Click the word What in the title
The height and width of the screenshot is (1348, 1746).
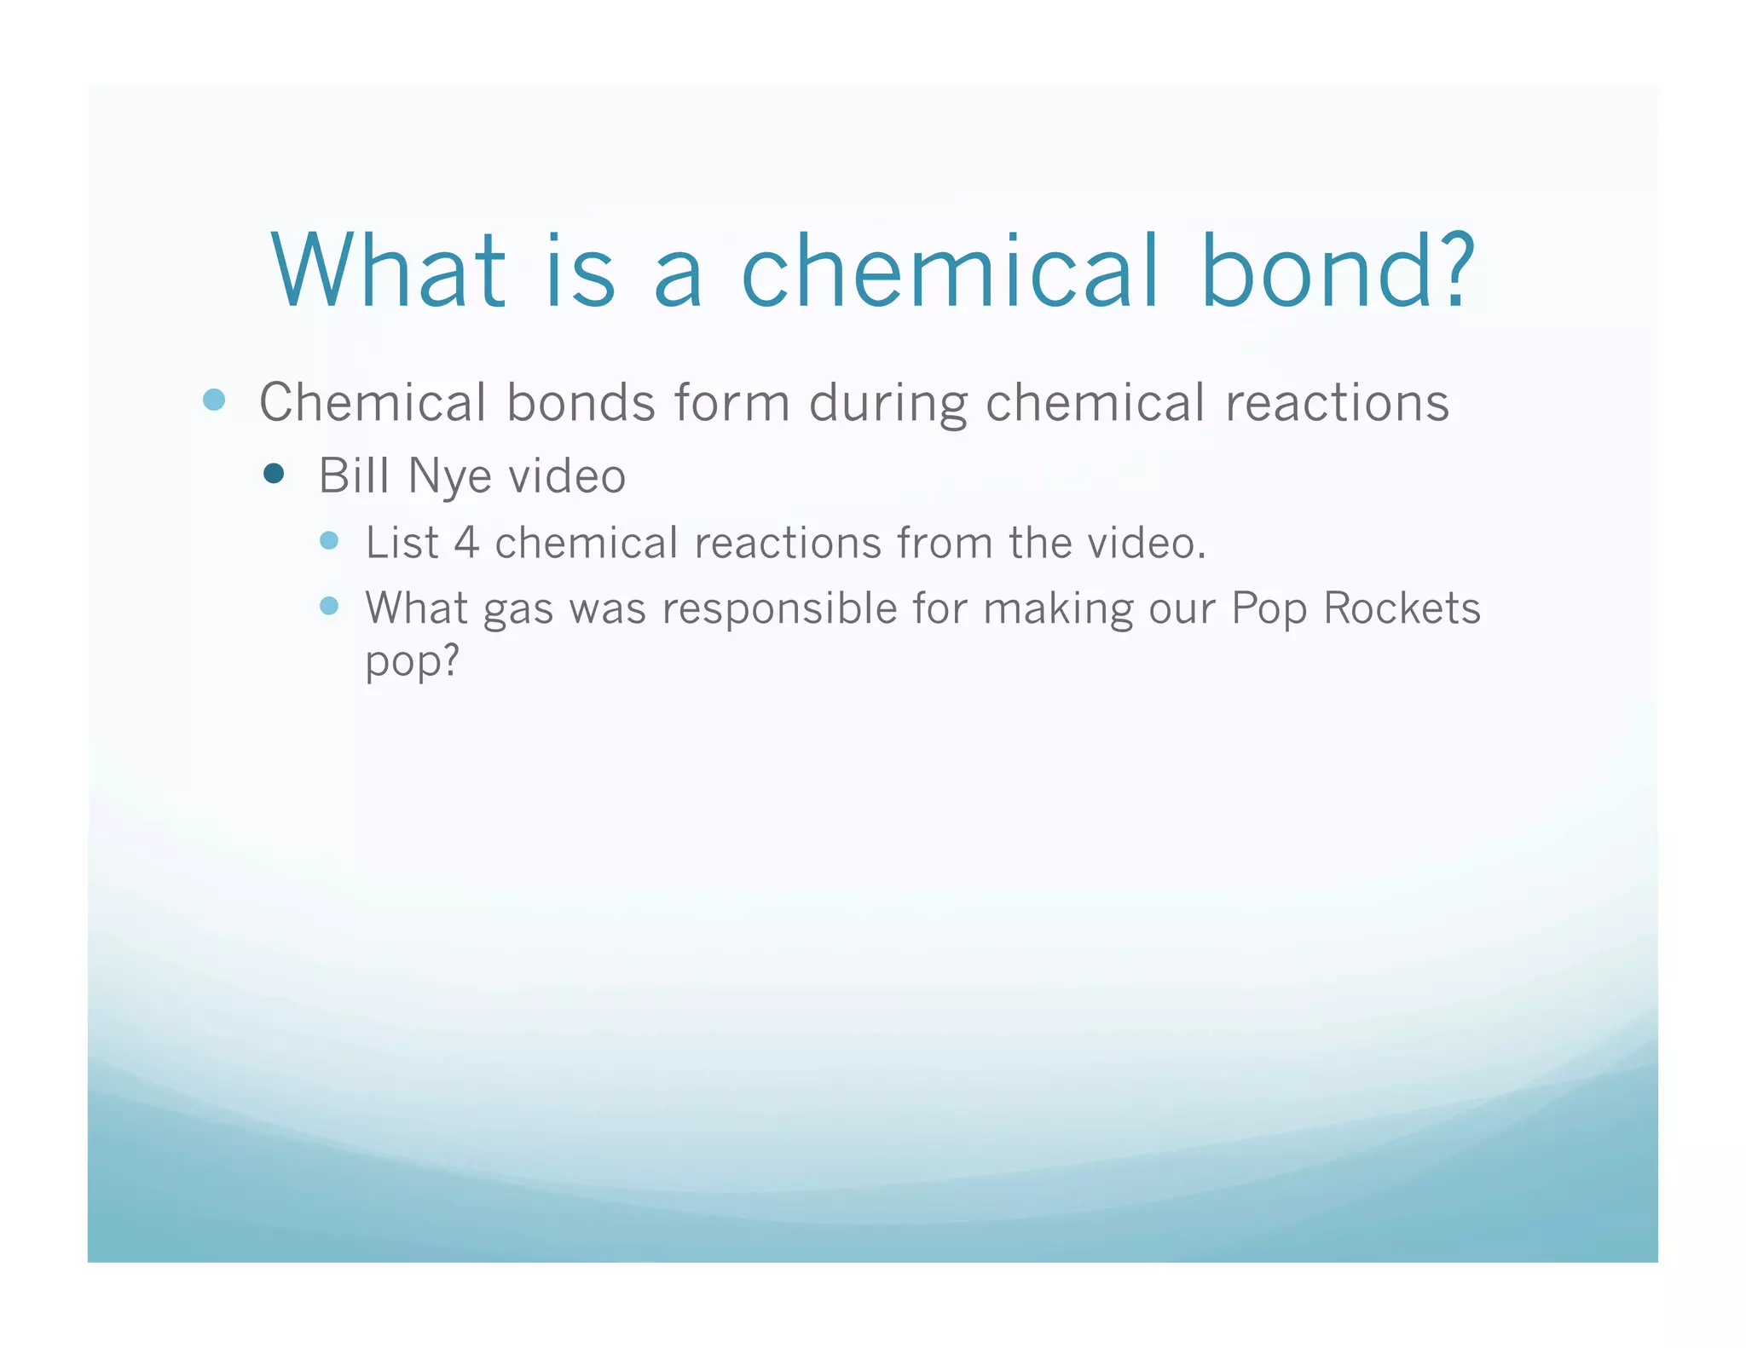click(x=389, y=271)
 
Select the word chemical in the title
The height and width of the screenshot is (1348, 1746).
click(x=950, y=271)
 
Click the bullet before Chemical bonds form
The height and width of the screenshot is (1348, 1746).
click(x=214, y=400)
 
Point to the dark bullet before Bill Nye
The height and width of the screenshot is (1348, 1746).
click(x=274, y=474)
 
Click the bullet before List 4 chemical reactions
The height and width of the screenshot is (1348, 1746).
click(x=329, y=540)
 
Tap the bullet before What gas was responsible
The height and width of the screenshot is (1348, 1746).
click(x=329, y=606)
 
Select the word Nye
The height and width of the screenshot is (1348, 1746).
click(x=449, y=476)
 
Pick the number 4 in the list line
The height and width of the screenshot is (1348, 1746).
click(x=466, y=543)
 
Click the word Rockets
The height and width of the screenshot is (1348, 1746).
click(x=1402, y=608)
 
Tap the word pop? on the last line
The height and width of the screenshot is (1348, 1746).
click(x=413, y=660)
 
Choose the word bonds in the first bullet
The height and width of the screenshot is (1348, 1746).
click(x=581, y=402)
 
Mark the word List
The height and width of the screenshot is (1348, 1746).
click(x=402, y=543)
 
